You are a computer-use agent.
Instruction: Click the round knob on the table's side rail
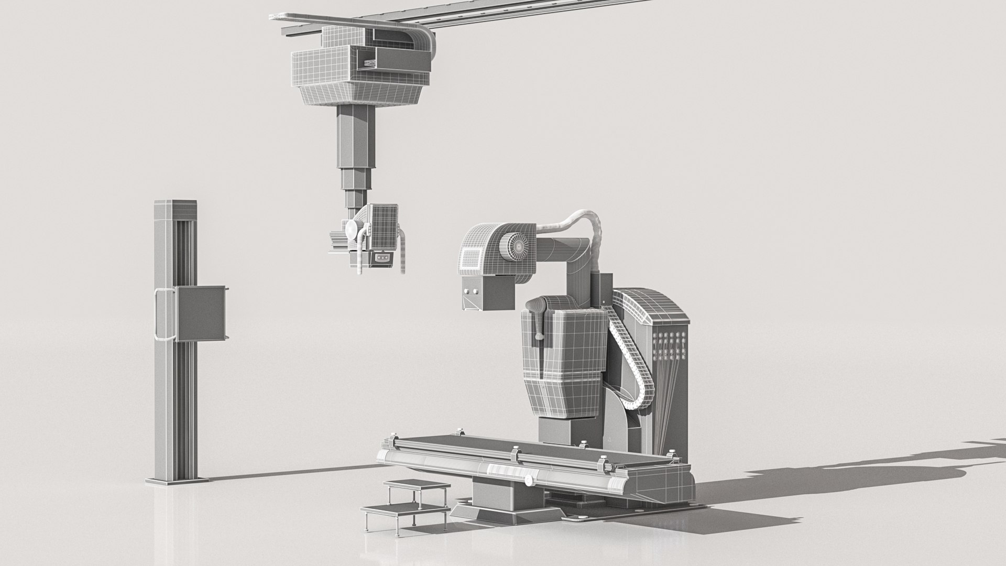coord(529,480)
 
